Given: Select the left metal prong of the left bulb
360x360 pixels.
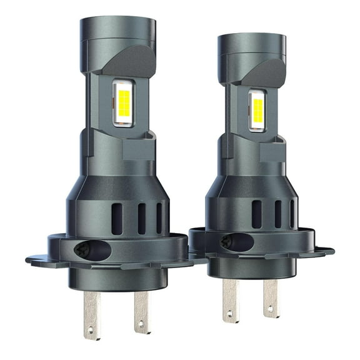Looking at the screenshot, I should click(92, 313).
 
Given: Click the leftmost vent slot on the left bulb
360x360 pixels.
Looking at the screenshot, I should click(117, 218).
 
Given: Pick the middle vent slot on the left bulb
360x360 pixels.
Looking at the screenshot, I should click(142, 218).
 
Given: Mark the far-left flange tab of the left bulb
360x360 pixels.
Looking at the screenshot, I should click(34, 259).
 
